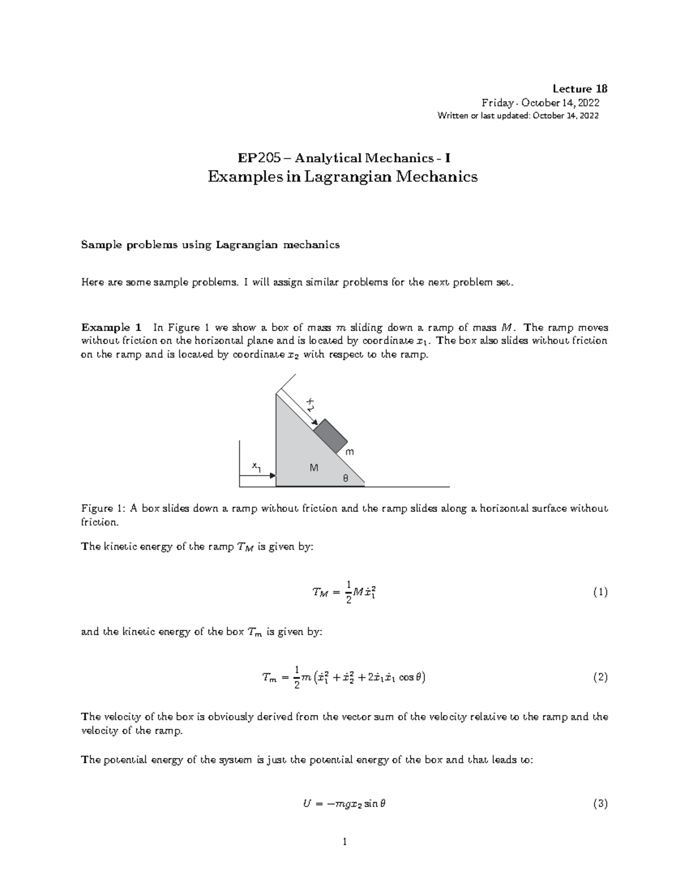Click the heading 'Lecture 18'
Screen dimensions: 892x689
click(579, 88)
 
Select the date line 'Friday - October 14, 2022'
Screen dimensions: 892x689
click(540, 103)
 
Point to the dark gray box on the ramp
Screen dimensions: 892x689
click(331, 437)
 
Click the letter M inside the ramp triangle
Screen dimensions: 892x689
click(313, 468)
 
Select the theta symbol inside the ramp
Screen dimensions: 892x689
click(345, 478)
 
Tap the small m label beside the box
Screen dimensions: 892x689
click(349, 452)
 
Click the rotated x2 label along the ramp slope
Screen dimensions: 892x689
click(309, 404)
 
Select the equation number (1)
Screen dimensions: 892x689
click(600, 592)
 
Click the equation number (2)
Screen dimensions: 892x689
click(600, 677)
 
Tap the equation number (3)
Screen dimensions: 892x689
click(600, 804)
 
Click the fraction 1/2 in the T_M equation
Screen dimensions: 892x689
click(345, 592)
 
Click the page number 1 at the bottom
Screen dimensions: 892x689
click(344, 843)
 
